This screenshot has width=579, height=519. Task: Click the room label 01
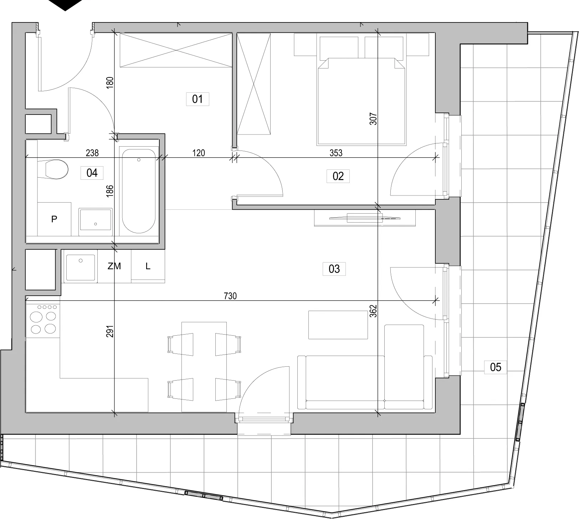(198, 99)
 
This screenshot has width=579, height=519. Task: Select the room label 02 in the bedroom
(338, 176)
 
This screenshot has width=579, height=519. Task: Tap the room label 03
(334, 269)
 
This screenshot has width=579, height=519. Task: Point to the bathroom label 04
(92, 173)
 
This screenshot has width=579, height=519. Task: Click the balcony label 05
(496, 367)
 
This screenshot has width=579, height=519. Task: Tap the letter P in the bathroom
(54, 219)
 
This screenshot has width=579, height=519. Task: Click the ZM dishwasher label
(114, 266)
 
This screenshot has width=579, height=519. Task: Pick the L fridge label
(148, 266)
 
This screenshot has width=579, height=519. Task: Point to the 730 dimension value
(230, 296)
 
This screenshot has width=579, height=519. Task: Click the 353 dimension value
(336, 153)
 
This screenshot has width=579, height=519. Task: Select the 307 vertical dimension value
(373, 119)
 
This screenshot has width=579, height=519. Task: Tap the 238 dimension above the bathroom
(92, 153)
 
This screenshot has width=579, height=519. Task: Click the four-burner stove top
(43, 319)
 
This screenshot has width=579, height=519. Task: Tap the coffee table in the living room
(338, 325)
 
